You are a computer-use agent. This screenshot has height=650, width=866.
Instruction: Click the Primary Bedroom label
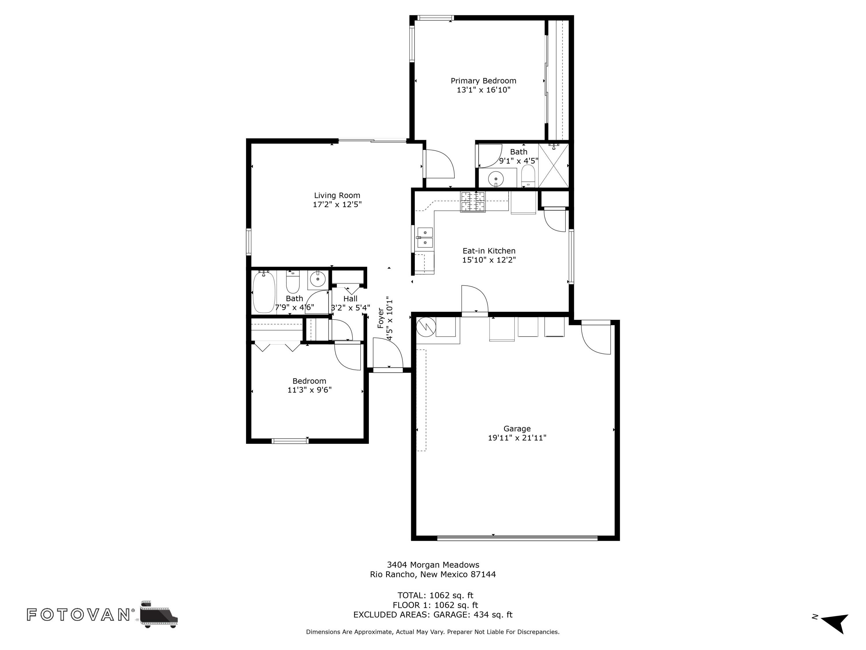[x=483, y=81]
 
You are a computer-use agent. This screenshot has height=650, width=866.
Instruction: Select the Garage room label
[x=517, y=429]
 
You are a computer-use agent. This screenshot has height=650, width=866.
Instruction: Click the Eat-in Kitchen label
[x=489, y=251]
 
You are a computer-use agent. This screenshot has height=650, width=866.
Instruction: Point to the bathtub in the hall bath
[x=264, y=292]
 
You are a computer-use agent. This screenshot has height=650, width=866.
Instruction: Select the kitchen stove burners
[x=473, y=201]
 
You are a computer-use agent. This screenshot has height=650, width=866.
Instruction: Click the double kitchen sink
[x=425, y=238]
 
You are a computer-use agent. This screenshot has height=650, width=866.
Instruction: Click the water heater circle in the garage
[x=425, y=326]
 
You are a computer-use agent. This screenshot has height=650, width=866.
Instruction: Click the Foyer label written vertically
[x=380, y=318]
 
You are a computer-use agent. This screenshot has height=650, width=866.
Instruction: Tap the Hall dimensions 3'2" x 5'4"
[x=350, y=308]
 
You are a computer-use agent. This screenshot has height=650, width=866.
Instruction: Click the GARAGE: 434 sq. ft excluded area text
[x=473, y=615]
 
